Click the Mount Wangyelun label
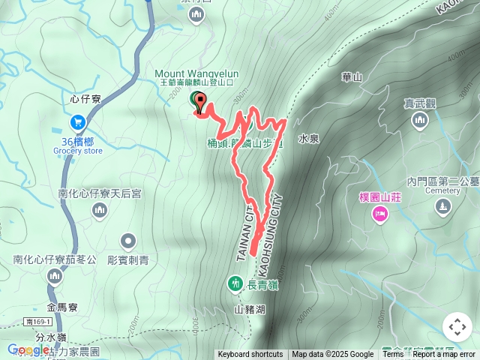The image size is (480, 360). pyautogui.click(x=196, y=73)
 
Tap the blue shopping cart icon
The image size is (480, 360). pyautogui.click(x=77, y=121)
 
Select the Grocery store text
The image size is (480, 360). pyautogui.click(x=77, y=150)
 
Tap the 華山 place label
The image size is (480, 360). pyautogui.click(x=352, y=77)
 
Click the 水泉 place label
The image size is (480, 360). pyautogui.click(x=309, y=139)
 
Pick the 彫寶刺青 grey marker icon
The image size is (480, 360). pyautogui.click(x=128, y=241)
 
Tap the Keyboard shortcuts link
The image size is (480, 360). pyautogui.click(x=250, y=355)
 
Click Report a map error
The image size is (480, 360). pyautogui.click(x=444, y=355)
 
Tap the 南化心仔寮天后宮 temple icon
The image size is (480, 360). pyautogui.click(x=100, y=212)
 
